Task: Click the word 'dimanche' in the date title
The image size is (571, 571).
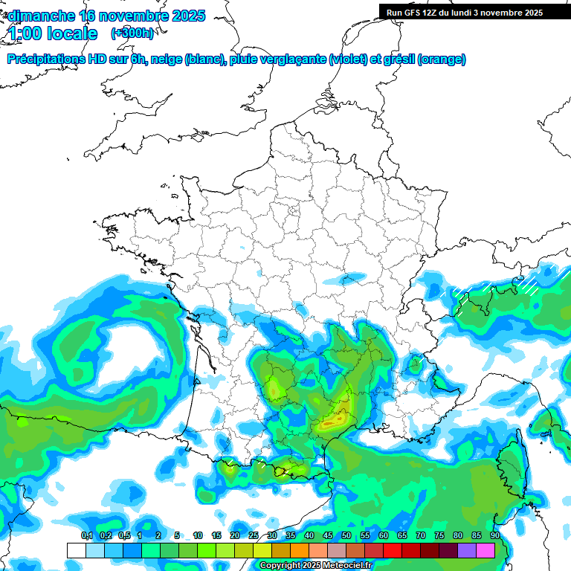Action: tap(41, 16)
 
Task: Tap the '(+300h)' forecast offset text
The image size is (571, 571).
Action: tap(132, 33)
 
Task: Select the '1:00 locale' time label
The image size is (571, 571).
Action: tap(53, 33)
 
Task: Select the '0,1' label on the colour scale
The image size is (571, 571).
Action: tap(86, 536)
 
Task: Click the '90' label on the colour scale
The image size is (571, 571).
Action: tap(494, 536)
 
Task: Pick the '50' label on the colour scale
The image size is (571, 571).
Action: tap(346, 536)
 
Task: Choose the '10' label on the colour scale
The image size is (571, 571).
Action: tap(198, 536)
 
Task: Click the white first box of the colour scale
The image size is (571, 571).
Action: tap(77, 550)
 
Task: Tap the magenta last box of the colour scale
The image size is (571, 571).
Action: tap(485, 550)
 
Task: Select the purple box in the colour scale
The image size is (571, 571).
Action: tap(467, 550)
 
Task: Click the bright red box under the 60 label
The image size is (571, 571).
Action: tap(393, 550)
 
